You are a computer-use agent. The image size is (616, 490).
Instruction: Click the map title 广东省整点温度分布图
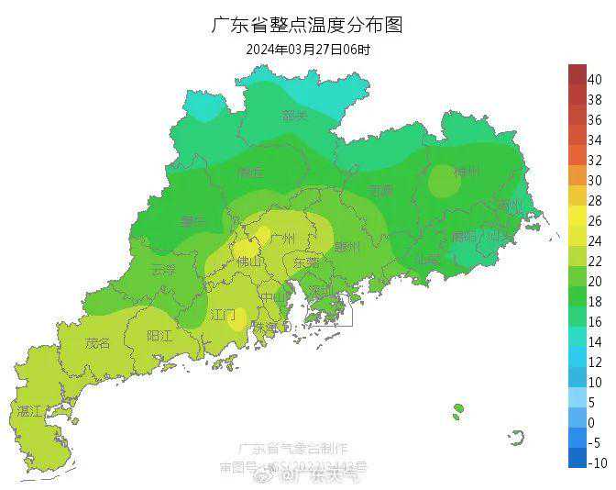[307, 25]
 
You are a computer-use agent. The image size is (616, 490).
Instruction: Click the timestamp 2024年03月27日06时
[308, 50]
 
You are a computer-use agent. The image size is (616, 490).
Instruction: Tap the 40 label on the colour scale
[594, 79]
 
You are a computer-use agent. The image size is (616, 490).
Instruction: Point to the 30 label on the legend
[594, 180]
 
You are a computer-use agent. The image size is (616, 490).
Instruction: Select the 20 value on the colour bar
[594, 281]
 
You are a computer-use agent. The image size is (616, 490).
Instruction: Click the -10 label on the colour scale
[594, 462]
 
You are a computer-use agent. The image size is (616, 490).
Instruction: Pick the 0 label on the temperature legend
[594, 422]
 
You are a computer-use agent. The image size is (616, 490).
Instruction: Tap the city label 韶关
[295, 116]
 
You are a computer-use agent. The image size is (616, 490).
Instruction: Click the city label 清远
[249, 173]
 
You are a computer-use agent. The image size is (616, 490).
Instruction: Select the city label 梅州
[467, 172]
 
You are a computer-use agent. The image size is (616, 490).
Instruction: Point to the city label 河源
[380, 191]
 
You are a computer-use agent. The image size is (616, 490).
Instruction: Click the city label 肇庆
[194, 220]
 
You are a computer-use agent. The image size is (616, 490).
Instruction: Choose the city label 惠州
[347, 247]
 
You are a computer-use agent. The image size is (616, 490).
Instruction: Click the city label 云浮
[163, 270]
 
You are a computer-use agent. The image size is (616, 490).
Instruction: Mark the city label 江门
[224, 315]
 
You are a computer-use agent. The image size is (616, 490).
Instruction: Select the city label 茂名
[97, 343]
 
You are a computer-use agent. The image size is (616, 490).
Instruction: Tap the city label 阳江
[160, 336]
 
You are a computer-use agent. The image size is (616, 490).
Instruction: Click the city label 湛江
[29, 411]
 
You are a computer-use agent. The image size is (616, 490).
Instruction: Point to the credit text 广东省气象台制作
[293, 449]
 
